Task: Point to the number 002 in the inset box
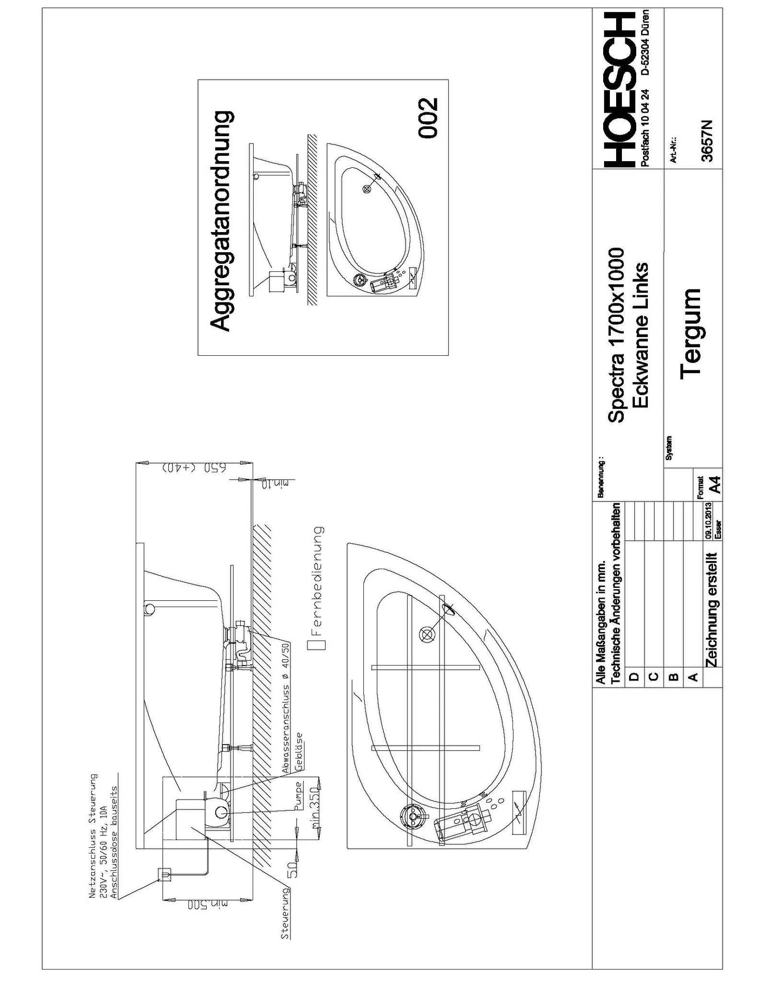(x=428, y=118)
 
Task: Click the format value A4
(x=715, y=484)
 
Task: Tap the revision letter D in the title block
(x=633, y=676)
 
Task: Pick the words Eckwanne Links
(x=640, y=335)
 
